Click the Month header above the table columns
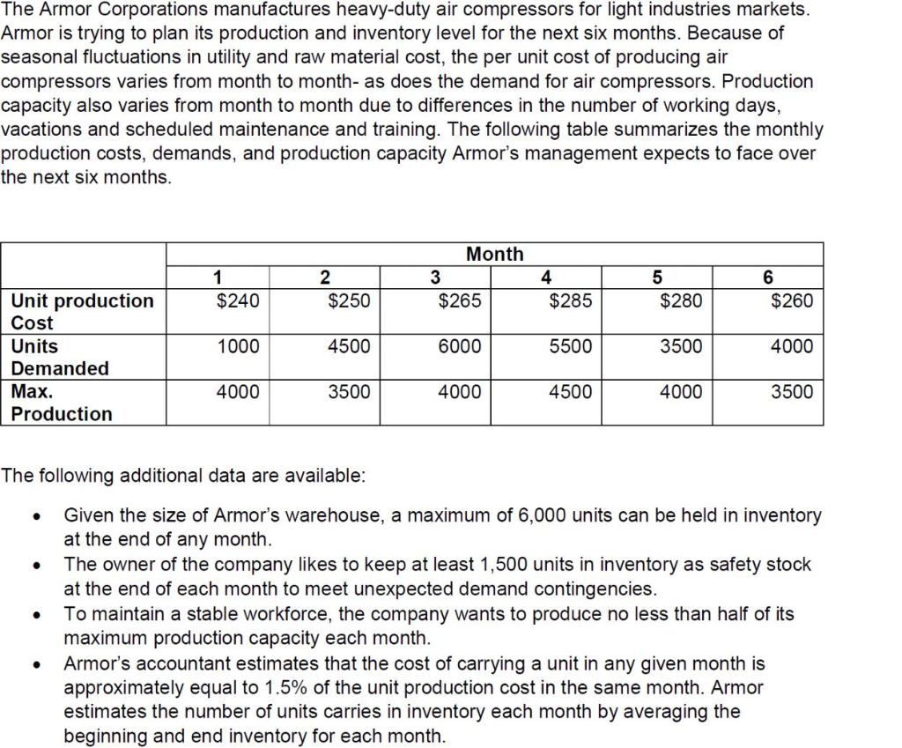tap(494, 254)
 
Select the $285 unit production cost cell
tap(570, 300)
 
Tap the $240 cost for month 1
tap(238, 300)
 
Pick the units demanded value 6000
tap(460, 346)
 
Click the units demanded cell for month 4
tap(570, 346)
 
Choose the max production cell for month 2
tap(349, 392)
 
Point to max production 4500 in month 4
tap(570, 392)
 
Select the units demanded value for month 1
tap(238, 346)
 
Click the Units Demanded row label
tap(60, 357)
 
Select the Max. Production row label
tap(61, 403)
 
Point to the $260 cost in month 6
tap(792, 300)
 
